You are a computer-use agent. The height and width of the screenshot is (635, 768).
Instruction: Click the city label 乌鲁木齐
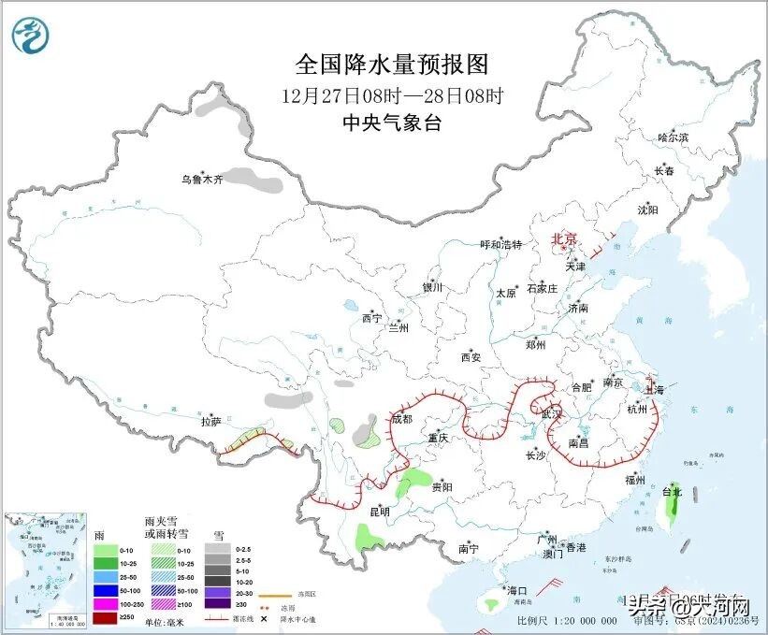pyautogui.click(x=202, y=179)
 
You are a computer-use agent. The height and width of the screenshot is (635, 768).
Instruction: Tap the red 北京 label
pyautogui.click(x=565, y=238)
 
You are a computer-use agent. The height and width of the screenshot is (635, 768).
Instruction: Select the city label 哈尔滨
pyautogui.click(x=672, y=137)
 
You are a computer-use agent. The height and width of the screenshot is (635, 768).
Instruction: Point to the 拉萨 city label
pyautogui.click(x=210, y=422)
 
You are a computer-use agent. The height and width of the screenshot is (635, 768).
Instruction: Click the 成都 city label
pyautogui.click(x=401, y=419)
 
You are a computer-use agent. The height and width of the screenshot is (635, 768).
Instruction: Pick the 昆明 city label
pyautogui.click(x=379, y=511)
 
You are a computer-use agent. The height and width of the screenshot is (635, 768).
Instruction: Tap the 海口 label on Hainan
pyautogui.click(x=517, y=590)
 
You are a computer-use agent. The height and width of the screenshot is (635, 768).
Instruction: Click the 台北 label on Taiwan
pyautogui.click(x=672, y=490)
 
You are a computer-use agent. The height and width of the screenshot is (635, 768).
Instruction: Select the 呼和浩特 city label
pyautogui.click(x=500, y=244)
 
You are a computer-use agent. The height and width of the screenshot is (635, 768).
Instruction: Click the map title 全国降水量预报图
pyautogui.click(x=392, y=65)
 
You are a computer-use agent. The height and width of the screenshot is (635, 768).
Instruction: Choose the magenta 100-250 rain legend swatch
pyautogui.click(x=105, y=605)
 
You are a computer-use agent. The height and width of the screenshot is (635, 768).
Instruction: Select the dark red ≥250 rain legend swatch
pyautogui.click(x=105, y=618)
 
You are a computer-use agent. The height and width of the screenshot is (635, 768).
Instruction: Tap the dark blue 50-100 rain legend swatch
pyautogui.click(x=105, y=592)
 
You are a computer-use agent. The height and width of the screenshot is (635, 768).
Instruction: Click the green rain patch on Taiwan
pyautogui.click(x=671, y=509)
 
